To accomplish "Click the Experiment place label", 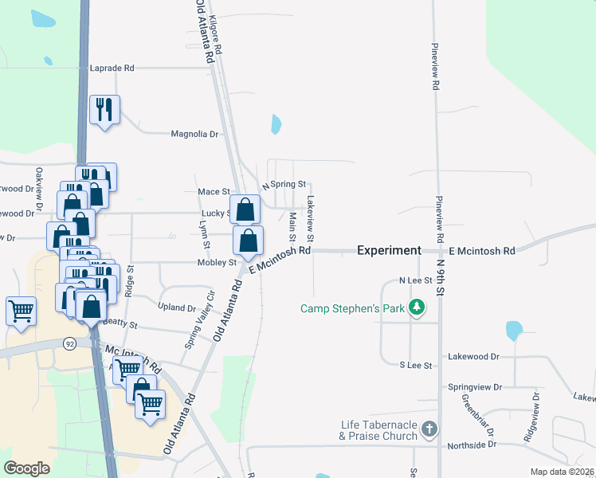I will point(389,250).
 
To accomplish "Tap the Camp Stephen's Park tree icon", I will point(415,308).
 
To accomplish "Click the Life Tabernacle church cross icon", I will point(429,430).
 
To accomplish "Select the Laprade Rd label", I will point(112,69).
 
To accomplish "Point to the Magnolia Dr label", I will point(194,134).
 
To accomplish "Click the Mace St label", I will point(214,192).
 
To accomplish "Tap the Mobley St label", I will point(218,262).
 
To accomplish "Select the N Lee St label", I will point(415,280).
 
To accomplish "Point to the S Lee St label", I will point(415,365).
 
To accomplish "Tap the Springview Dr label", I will point(475,387).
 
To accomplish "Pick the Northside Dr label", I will point(471,445).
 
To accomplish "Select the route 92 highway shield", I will point(69,343).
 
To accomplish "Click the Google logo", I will point(26,468).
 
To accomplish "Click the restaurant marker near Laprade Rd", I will point(104,110).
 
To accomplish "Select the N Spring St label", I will point(284,184).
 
